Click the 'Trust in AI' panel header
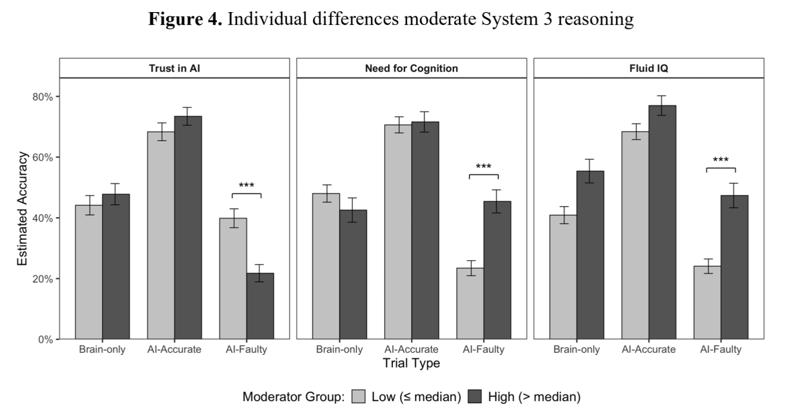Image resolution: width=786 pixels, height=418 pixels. [x=174, y=69]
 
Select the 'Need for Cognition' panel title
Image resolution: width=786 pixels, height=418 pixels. [x=411, y=69]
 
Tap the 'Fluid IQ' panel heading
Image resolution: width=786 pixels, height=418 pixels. [x=648, y=69]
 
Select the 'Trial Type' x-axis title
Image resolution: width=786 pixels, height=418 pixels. [x=411, y=364]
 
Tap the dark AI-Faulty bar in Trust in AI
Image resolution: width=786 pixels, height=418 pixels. [x=260, y=306]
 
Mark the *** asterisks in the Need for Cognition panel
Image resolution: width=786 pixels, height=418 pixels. [x=484, y=167]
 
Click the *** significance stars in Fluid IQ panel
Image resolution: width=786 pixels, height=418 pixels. [x=720, y=160]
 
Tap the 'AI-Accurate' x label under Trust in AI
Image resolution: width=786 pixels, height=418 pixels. [x=174, y=350]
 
